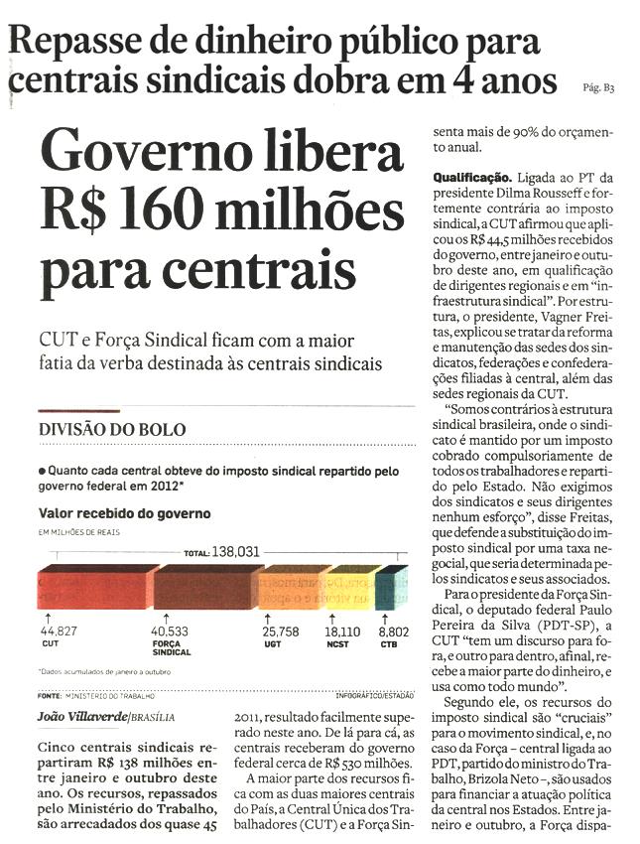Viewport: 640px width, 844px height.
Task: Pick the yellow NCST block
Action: (350, 588)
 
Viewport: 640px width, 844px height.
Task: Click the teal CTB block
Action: (392, 588)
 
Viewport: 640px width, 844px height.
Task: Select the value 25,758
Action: (281, 631)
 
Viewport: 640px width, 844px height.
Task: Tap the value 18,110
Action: (343, 631)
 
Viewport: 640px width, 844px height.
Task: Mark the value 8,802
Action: (394, 631)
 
